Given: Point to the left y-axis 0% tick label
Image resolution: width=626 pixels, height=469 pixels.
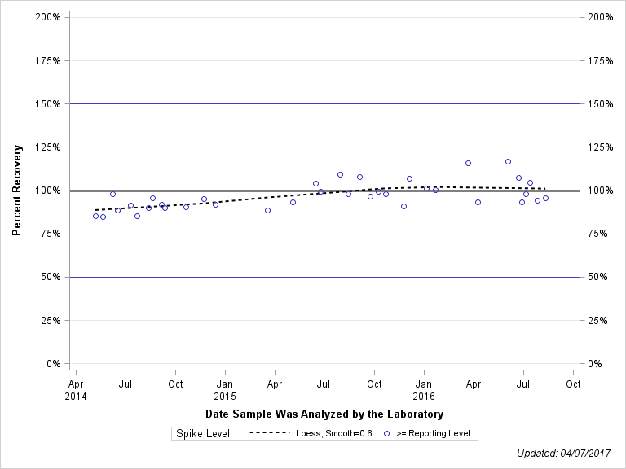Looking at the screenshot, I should (54, 364).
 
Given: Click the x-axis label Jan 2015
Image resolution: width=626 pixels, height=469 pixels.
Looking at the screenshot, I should (225, 388).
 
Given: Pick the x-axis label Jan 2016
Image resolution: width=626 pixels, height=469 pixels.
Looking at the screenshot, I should (424, 388).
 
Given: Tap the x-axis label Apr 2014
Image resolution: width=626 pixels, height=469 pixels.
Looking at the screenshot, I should (75, 388).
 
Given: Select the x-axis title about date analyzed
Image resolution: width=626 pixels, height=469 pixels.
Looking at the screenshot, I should (324, 414).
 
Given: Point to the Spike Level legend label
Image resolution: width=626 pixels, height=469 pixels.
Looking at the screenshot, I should (203, 433).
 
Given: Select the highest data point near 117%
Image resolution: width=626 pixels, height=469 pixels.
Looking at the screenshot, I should (508, 161).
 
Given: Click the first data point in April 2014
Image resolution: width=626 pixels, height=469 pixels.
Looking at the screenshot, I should (95, 216).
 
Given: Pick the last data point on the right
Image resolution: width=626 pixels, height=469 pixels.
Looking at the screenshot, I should (545, 198).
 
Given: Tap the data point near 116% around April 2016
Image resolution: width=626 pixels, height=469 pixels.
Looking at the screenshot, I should (468, 163).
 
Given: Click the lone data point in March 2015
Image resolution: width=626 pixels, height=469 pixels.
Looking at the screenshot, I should (267, 210).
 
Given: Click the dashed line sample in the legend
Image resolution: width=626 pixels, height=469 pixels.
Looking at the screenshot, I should (270, 433).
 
